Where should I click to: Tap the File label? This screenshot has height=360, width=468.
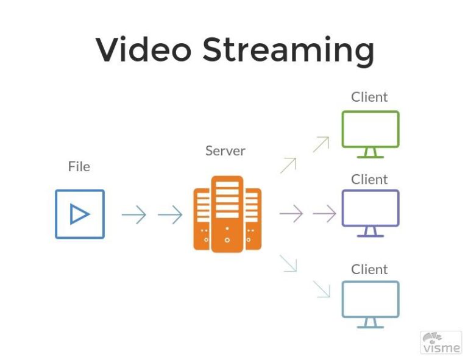[x=79, y=166]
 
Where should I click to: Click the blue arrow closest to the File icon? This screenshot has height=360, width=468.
[x=133, y=214]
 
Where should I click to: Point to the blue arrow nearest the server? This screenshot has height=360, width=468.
[x=170, y=214]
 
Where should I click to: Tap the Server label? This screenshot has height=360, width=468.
[x=225, y=150]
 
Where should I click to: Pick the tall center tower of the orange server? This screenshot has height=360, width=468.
[x=227, y=213]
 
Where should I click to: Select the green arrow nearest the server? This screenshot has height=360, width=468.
[x=288, y=165]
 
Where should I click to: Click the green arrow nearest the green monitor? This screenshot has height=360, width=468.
[x=321, y=144]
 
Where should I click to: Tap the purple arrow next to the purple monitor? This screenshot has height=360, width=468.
[x=324, y=213]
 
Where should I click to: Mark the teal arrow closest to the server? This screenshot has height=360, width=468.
[x=288, y=263]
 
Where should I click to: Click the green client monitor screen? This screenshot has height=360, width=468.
[x=370, y=129]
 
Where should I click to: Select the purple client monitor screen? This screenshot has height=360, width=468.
[x=370, y=208]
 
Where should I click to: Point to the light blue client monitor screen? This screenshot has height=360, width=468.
[x=370, y=298]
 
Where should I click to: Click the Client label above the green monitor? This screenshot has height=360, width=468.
[x=369, y=97]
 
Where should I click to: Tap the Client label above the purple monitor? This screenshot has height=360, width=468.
[x=369, y=180]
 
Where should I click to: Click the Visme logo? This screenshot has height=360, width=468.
[x=441, y=342]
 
